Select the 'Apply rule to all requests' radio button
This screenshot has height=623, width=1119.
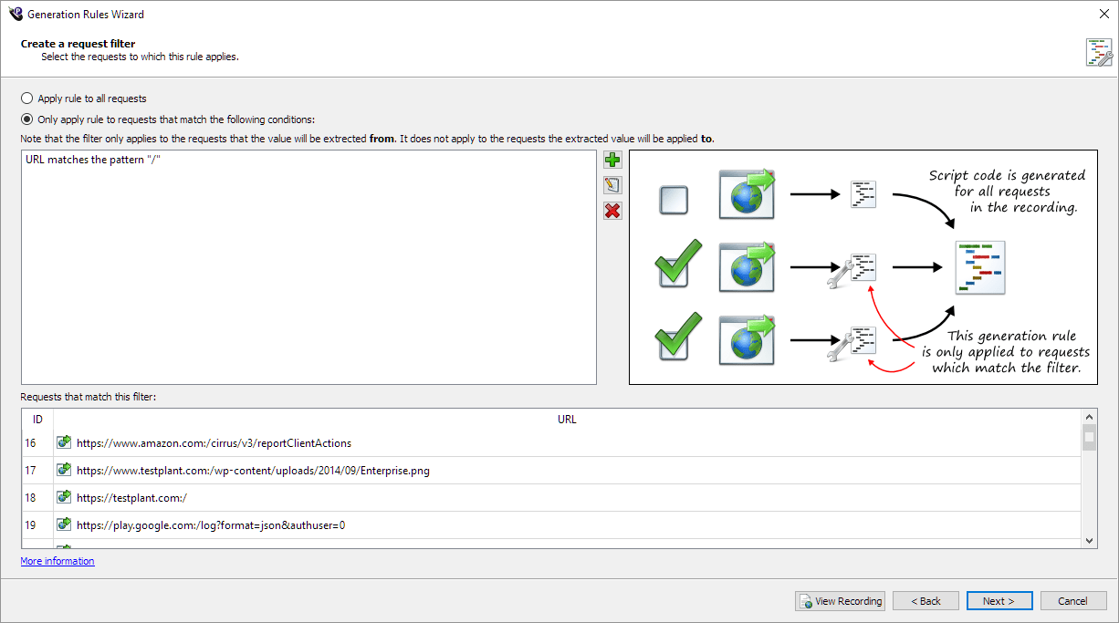tap(27, 99)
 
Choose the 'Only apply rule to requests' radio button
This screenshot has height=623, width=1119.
tap(27, 119)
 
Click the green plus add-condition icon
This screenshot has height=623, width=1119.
tap(612, 161)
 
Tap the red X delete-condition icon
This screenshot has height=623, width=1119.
tap(612, 212)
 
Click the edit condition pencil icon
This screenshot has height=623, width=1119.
tap(612, 186)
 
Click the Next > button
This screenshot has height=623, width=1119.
tap(999, 601)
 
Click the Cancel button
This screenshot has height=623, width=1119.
tap(1072, 601)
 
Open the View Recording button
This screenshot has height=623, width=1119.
tap(840, 601)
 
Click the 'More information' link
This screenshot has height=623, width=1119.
tap(58, 561)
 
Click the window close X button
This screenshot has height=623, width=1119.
tap(1103, 14)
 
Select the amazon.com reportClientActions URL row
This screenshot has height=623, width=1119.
tap(214, 443)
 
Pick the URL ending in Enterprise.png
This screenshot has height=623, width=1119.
tap(253, 471)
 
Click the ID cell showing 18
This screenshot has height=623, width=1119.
tap(32, 498)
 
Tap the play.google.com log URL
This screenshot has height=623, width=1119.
tap(211, 525)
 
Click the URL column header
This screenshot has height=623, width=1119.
tap(567, 420)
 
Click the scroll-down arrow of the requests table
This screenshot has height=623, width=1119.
tap(1089, 541)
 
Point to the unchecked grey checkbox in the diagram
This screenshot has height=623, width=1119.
tap(674, 200)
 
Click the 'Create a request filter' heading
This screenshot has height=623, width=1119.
tap(78, 44)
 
